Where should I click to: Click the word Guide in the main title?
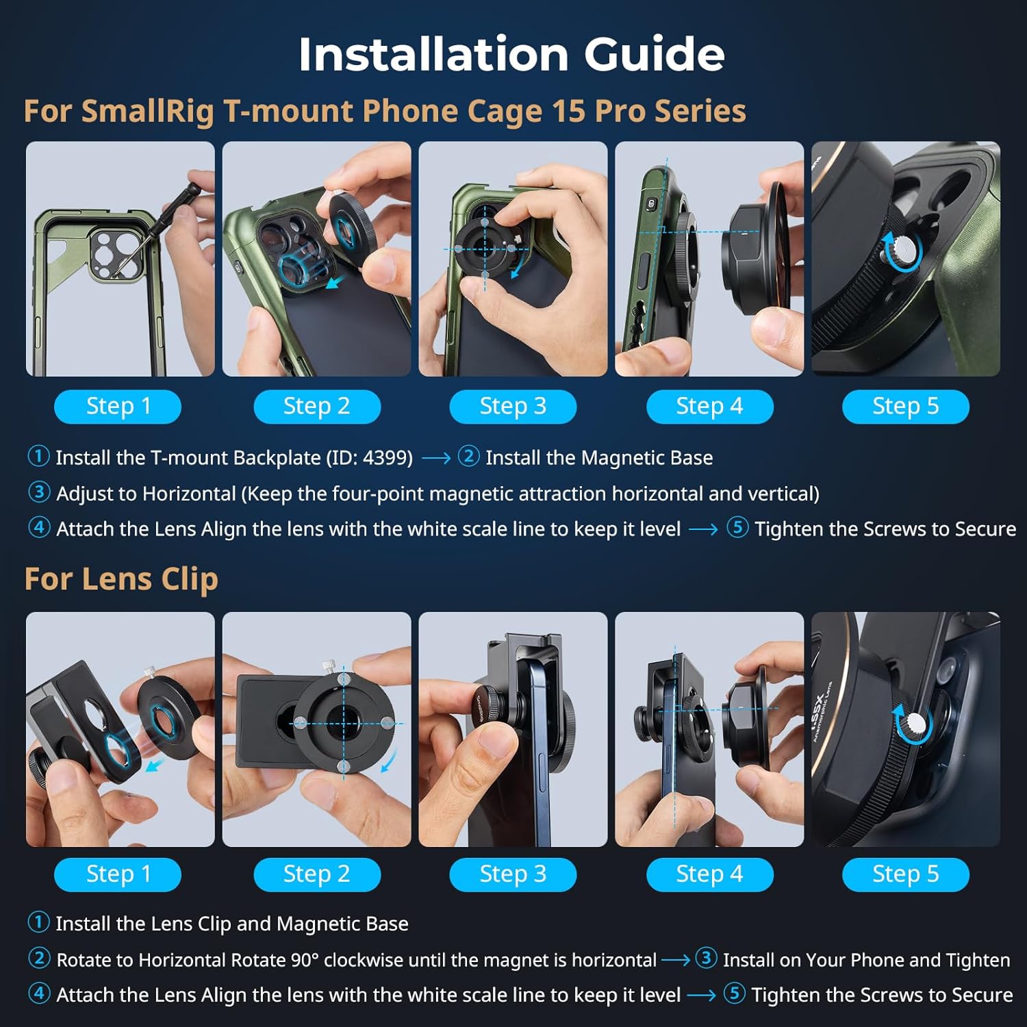(x=654, y=54)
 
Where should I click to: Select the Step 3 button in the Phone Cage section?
(x=513, y=407)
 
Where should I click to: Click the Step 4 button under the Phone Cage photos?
(x=709, y=407)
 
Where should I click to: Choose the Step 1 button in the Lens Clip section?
(x=118, y=874)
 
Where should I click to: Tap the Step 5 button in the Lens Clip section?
(x=905, y=874)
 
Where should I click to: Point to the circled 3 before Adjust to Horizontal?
(x=39, y=492)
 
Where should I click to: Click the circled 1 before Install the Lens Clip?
(x=38, y=922)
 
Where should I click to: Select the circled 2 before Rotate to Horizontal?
(x=39, y=959)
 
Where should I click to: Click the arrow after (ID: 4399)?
(x=435, y=458)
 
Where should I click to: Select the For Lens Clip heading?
(x=121, y=579)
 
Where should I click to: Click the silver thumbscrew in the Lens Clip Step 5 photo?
(x=915, y=724)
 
